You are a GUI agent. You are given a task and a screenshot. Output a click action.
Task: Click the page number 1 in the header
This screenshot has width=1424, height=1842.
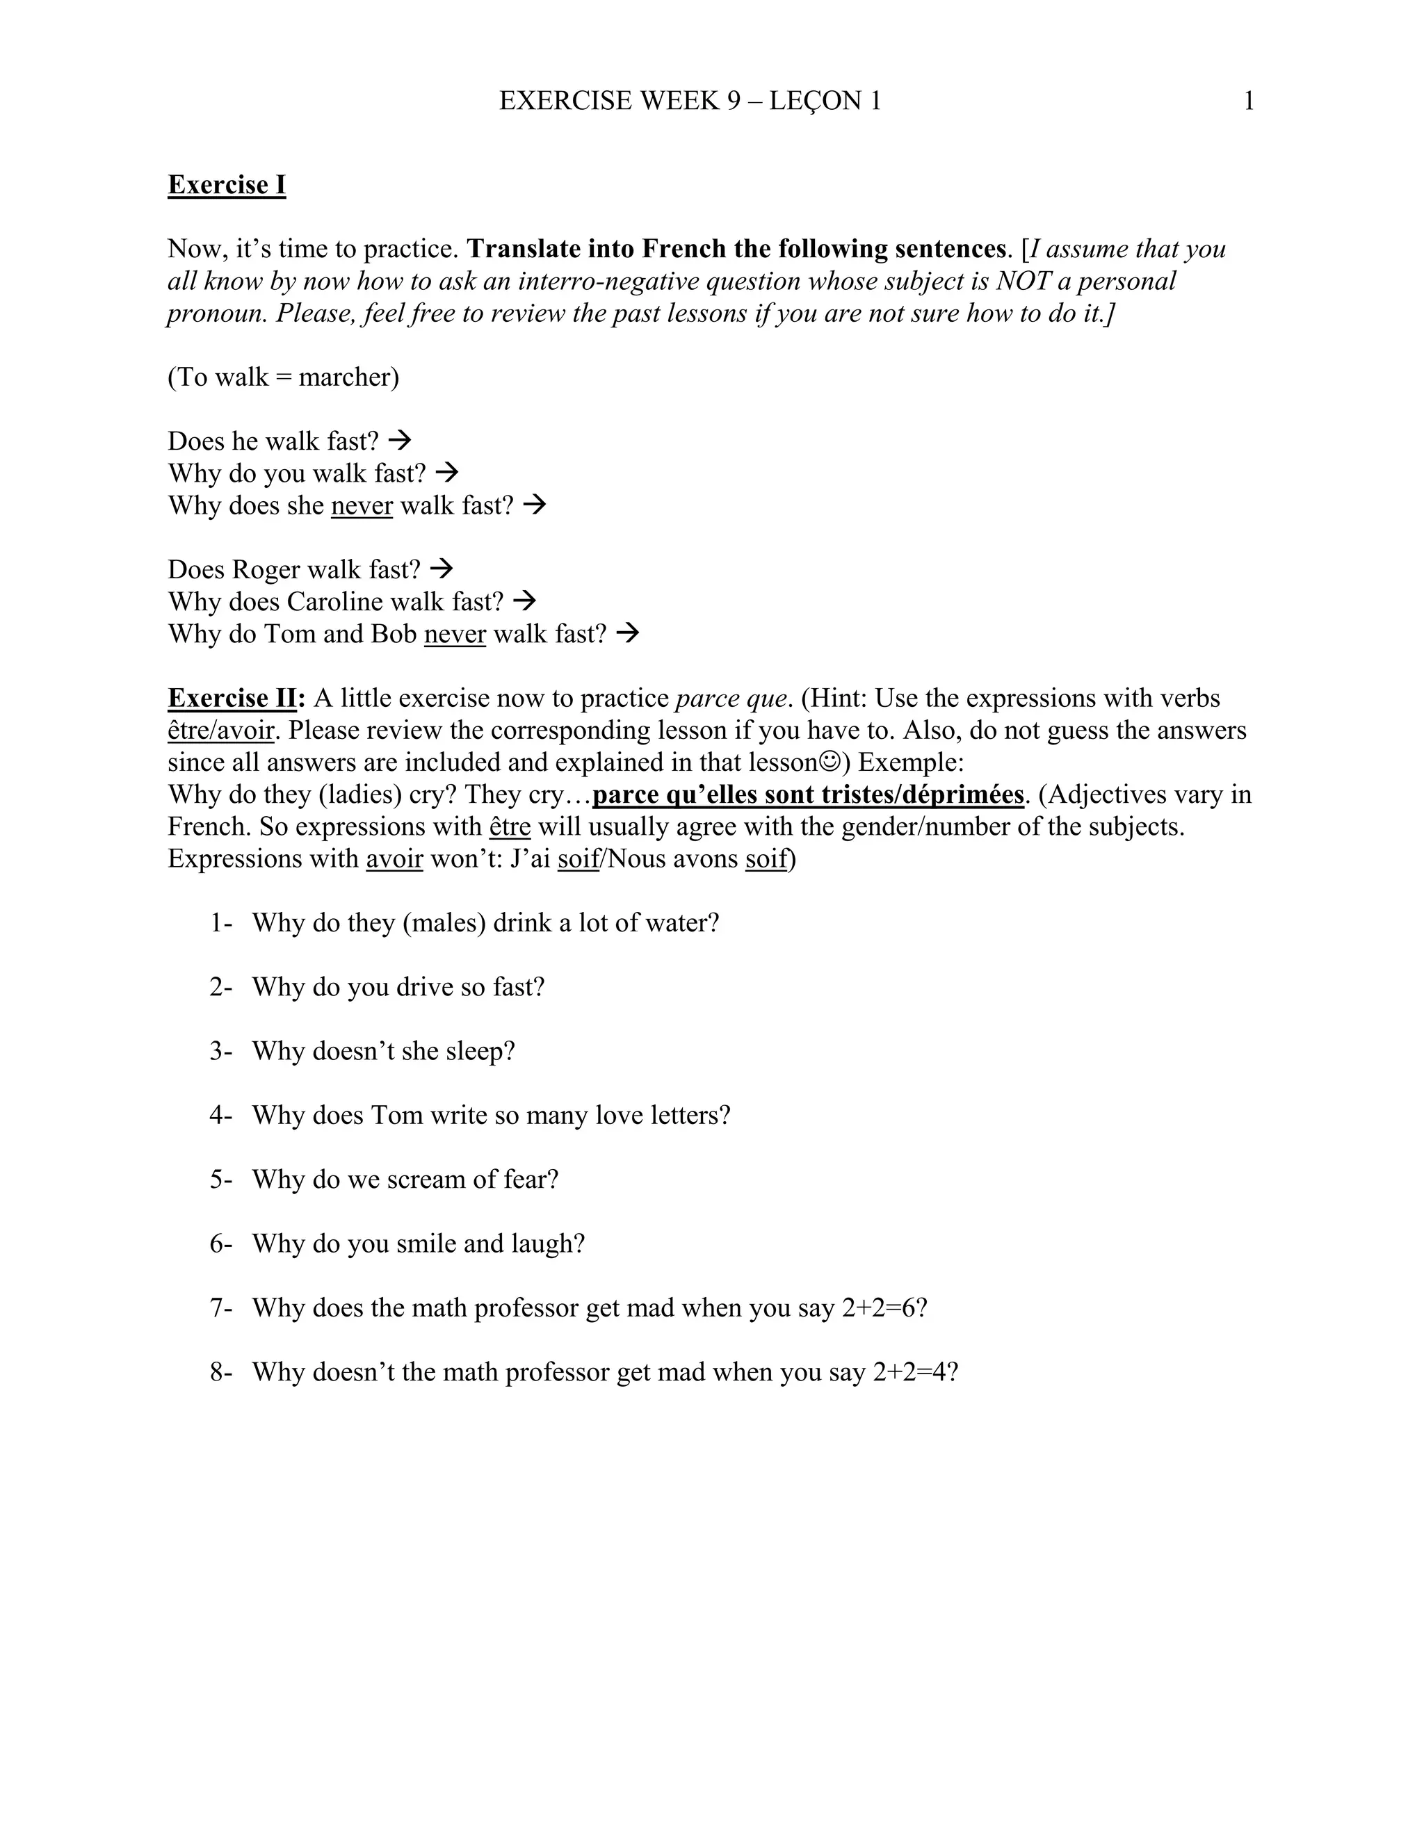(x=1249, y=101)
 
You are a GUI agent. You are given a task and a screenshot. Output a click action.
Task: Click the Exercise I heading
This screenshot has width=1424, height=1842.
(x=226, y=185)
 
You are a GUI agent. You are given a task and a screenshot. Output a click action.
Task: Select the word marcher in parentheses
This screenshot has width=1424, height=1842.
(x=344, y=377)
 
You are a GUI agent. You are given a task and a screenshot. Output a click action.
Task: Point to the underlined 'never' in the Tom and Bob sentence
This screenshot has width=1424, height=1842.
(x=455, y=633)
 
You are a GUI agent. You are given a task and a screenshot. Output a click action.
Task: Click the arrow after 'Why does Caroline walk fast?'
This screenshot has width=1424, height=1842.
(x=525, y=601)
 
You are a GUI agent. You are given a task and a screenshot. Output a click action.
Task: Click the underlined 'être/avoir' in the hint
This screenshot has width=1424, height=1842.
(x=221, y=731)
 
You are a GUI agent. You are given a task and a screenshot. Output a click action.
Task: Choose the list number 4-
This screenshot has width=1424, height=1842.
(x=220, y=1115)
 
